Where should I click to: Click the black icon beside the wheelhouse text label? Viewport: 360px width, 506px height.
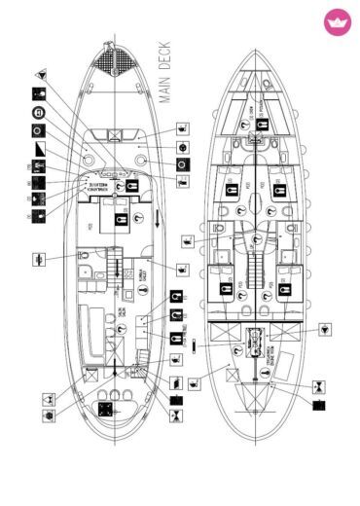pyautogui.click(x=122, y=185)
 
